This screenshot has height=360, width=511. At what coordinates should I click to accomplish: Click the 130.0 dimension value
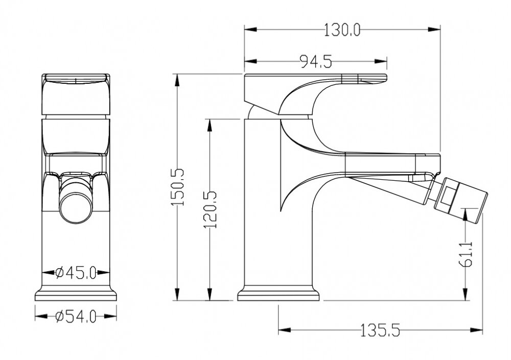[x=342, y=30]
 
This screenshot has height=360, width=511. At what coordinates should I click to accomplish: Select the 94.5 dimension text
[x=316, y=61]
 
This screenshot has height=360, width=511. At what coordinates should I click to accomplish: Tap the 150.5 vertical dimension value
[x=178, y=187]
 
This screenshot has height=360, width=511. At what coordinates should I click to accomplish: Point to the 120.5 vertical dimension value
[x=210, y=210]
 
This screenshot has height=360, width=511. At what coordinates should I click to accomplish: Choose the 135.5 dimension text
[x=380, y=330]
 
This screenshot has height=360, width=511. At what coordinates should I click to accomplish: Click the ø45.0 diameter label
[x=76, y=272]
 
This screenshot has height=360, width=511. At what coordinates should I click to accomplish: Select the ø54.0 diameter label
[x=76, y=316]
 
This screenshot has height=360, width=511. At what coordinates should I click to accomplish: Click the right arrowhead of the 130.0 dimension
[x=434, y=29]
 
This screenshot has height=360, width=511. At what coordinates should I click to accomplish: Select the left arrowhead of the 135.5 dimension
[x=285, y=330]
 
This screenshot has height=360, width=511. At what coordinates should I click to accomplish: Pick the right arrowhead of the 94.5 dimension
[x=381, y=61]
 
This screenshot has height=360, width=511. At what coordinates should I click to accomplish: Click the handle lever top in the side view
[x=315, y=77]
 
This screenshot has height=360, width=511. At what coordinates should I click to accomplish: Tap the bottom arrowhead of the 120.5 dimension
[x=210, y=294]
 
